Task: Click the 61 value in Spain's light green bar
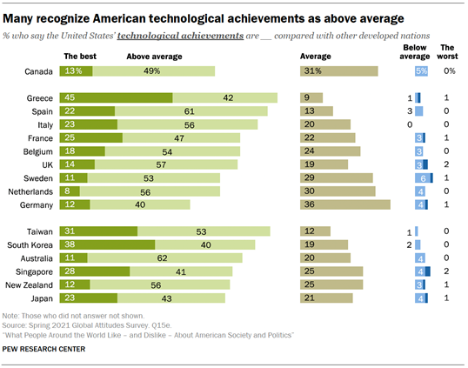pos(189,111)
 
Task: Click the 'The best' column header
pos(81,56)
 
